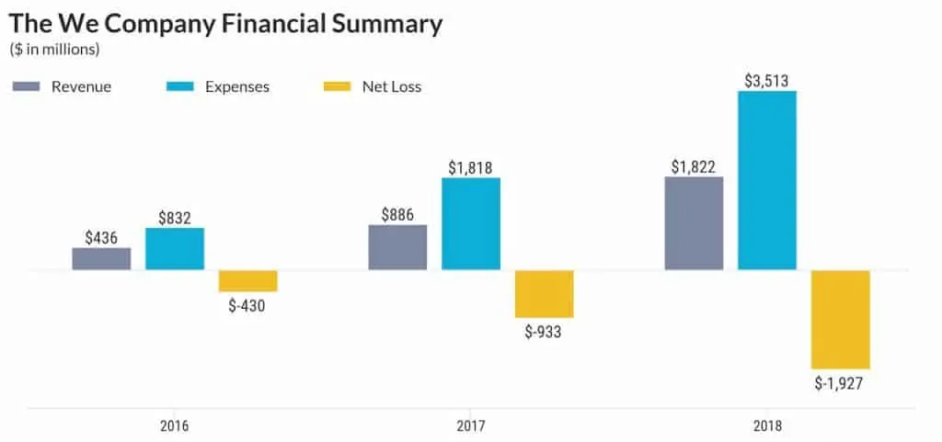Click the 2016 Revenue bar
pyautogui.click(x=101, y=258)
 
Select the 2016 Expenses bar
pyautogui.click(x=175, y=248)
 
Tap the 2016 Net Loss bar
pyautogui.click(x=247, y=281)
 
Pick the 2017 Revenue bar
pyautogui.click(x=397, y=247)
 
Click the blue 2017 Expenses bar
pyautogui.click(x=471, y=223)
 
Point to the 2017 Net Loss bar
pyautogui.click(x=544, y=294)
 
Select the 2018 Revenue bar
pyautogui.click(x=694, y=223)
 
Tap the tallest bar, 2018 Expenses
pyautogui.click(x=767, y=180)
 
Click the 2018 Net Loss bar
pyautogui.click(x=840, y=320)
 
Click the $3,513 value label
pyautogui.click(x=767, y=79)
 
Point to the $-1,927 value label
pyautogui.click(x=840, y=382)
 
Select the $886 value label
pyautogui.click(x=397, y=215)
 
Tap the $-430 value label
pyautogui.click(x=247, y=305)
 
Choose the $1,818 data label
pyautogui.click(x=471, y=167)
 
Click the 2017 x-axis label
pyautogui.click(x=471, y=425)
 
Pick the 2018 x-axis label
pyautogui.click(x=767, y=425)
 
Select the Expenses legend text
pyautogui.click(x=236, y=87)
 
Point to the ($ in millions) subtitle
pyautogui.click(x=54, y=48)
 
